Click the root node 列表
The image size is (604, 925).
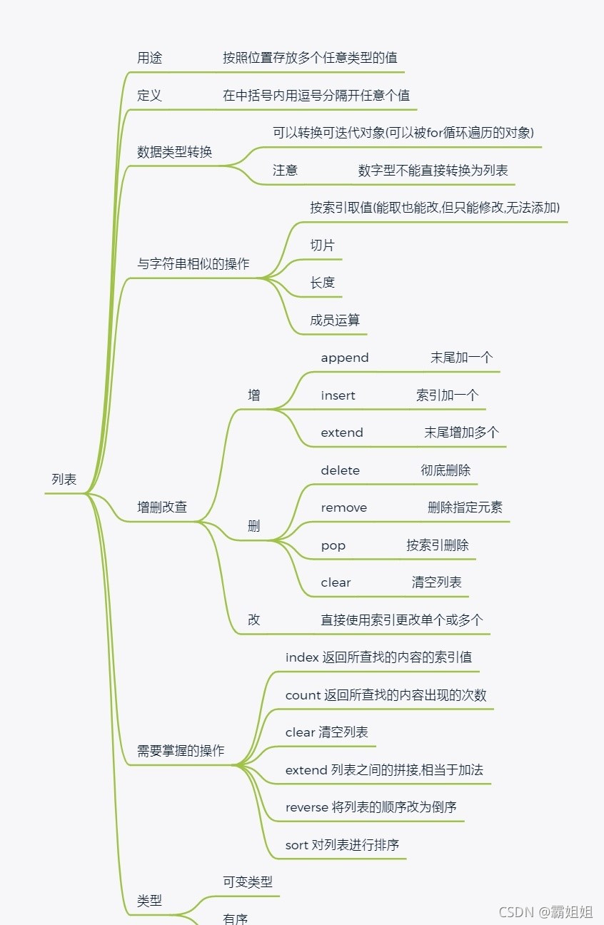tap(64, 480)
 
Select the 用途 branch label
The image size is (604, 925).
tap(149, 58)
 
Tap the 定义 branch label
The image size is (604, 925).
tap(149, 96)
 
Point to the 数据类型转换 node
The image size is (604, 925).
tap(174, 152)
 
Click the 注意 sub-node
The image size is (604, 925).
tap(285, 170)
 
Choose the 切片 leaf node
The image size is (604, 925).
tap(322, 245)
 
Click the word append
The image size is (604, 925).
tap(345, 358)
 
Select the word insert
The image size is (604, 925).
tap(338, 395)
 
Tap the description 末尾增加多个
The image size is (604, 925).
tap(462, 433)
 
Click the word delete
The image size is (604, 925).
tap(340, 470)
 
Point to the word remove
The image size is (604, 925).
tap(343, 507)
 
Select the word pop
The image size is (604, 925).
tap(333, 545)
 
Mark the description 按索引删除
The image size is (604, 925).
tap(438, 545)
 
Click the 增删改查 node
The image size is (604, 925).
tap(162, 507)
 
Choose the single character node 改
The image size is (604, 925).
tap(253, 620)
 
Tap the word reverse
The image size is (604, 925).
tap(306, 807)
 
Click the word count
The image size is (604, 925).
tap(302, 695)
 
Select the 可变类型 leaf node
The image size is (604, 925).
tap(247, 882)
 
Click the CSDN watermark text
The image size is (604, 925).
tap(516, 911)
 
